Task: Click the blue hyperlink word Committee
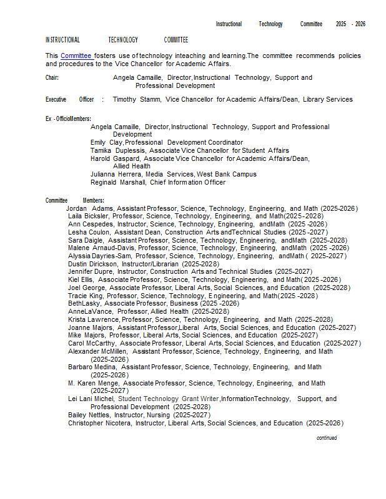pos(76,56)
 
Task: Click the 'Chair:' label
pos(52,78)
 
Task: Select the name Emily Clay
pos(106,142)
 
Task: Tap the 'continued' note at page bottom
pos(327,438)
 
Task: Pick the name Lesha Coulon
pos(89,232)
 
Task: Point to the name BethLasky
pos(85,303)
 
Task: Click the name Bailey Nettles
pos(89,415)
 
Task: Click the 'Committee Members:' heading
pos(74,200)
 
